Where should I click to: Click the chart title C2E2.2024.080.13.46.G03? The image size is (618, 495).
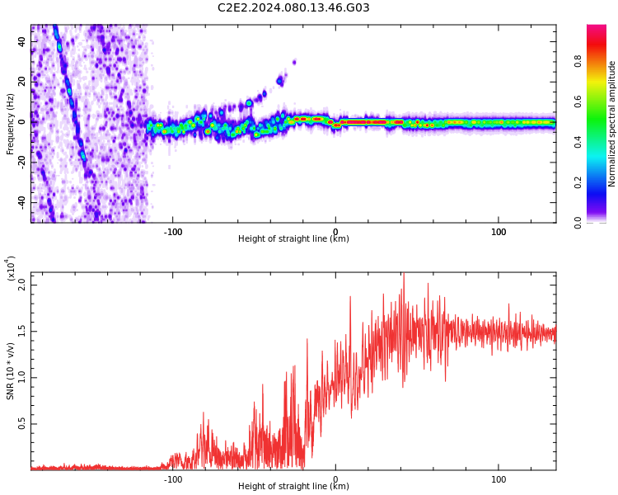[x=293, y=7]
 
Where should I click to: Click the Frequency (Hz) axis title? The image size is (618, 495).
[x=10, y=124]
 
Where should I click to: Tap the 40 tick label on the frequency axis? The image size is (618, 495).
[x=21, y=41]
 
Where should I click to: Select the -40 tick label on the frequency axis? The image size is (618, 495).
[x=21, y=203]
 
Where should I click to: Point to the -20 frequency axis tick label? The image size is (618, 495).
[x=21, y=163]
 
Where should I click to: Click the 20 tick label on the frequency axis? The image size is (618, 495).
[x=21, y=82]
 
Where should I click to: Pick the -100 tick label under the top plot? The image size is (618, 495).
[x=173, y=232]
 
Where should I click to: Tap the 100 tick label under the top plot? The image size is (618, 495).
[x=499, y=232]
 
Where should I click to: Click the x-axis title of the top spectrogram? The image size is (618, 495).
[x=293, y=238]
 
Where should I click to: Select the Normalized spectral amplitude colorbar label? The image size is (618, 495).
[x=611, y=124]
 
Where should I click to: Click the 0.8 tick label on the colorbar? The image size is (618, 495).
[x=578, y=61]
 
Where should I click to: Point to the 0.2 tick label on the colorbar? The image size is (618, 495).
[x=578, y=182]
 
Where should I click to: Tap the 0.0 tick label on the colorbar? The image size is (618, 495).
[x=578, y=223]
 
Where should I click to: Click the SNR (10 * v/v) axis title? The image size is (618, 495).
[x=10, y=371]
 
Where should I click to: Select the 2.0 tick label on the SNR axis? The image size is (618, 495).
[x=21, y=285]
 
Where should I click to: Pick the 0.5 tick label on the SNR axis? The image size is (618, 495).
[x=21, y=424]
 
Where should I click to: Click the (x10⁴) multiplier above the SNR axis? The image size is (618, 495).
[x=11, y=269]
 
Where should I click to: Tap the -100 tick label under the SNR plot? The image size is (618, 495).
[x=173, y=479]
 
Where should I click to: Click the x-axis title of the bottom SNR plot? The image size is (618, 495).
[x=293, y=486]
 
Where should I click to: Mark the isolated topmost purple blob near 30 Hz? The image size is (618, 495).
[x=294, y=62]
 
